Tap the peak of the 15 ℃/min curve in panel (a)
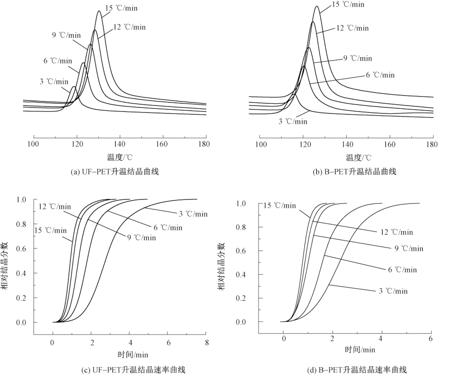coord(99,11)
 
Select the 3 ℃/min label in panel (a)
coord(54,82)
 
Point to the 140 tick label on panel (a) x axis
coord(120,144)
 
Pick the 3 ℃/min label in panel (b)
coord(292,121)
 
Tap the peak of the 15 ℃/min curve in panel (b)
coord(316,6)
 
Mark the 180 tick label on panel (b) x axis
coord(433,144)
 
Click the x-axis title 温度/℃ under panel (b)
coord(358,158)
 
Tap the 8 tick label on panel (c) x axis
coord(207,342)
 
